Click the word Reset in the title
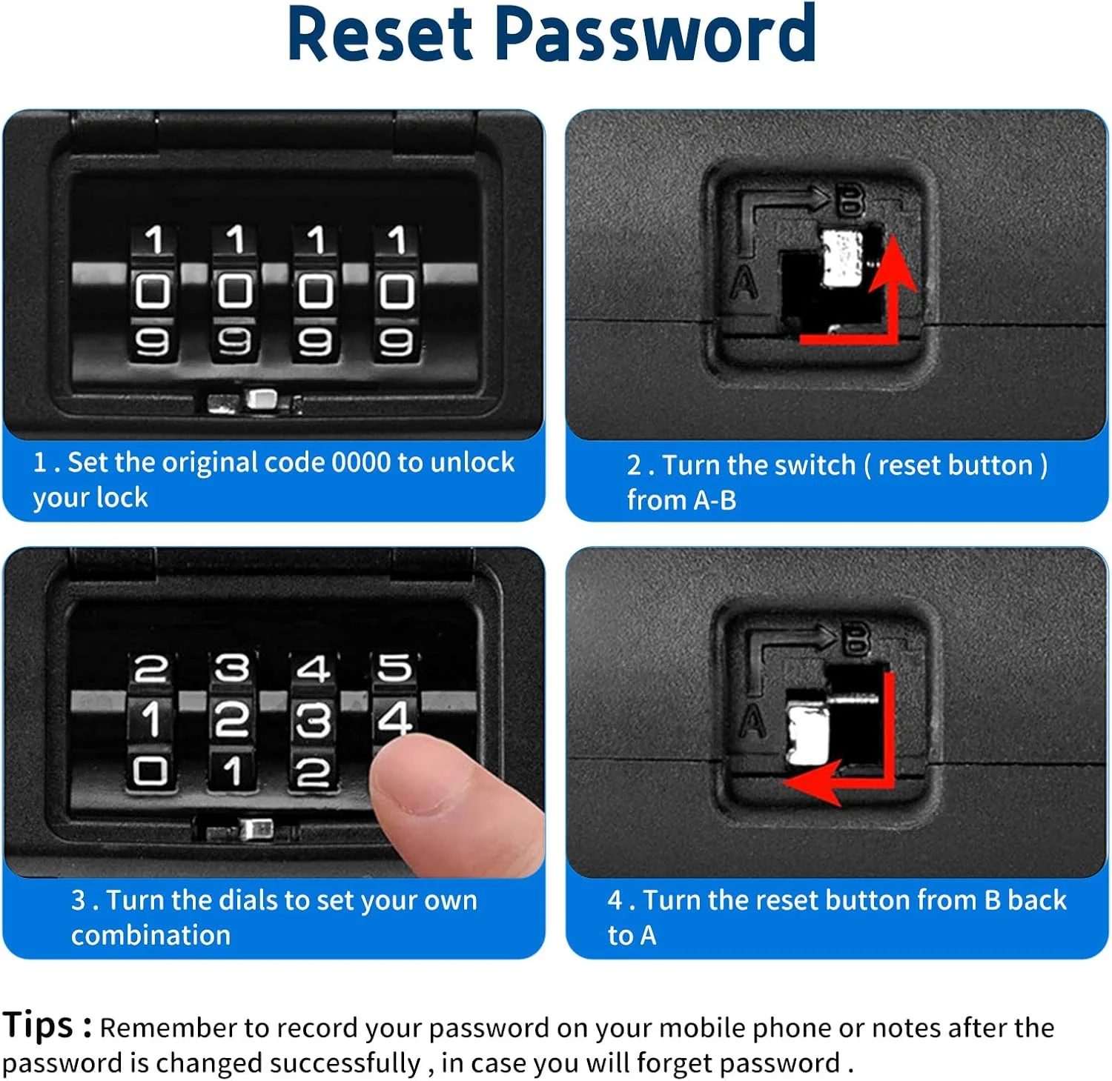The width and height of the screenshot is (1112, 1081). [380, 33]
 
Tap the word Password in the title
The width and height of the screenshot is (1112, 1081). [655, 33]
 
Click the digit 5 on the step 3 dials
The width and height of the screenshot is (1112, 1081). [394, 668]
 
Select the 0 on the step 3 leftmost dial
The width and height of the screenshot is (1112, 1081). [150, 771]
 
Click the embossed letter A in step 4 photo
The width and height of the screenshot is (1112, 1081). [753, 721]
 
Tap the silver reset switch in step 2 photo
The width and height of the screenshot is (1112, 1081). [843, 257]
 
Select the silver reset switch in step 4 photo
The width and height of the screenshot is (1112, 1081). [807, 734]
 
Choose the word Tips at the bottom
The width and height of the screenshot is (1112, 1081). [39, 1025]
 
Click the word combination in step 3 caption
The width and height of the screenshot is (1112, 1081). [150, 935]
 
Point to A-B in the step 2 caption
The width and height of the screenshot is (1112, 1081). [715, 500]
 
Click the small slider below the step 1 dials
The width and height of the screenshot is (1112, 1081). [261, 399]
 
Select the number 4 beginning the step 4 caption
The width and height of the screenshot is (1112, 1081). [615, 900]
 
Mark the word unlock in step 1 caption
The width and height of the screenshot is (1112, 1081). [472, 462]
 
